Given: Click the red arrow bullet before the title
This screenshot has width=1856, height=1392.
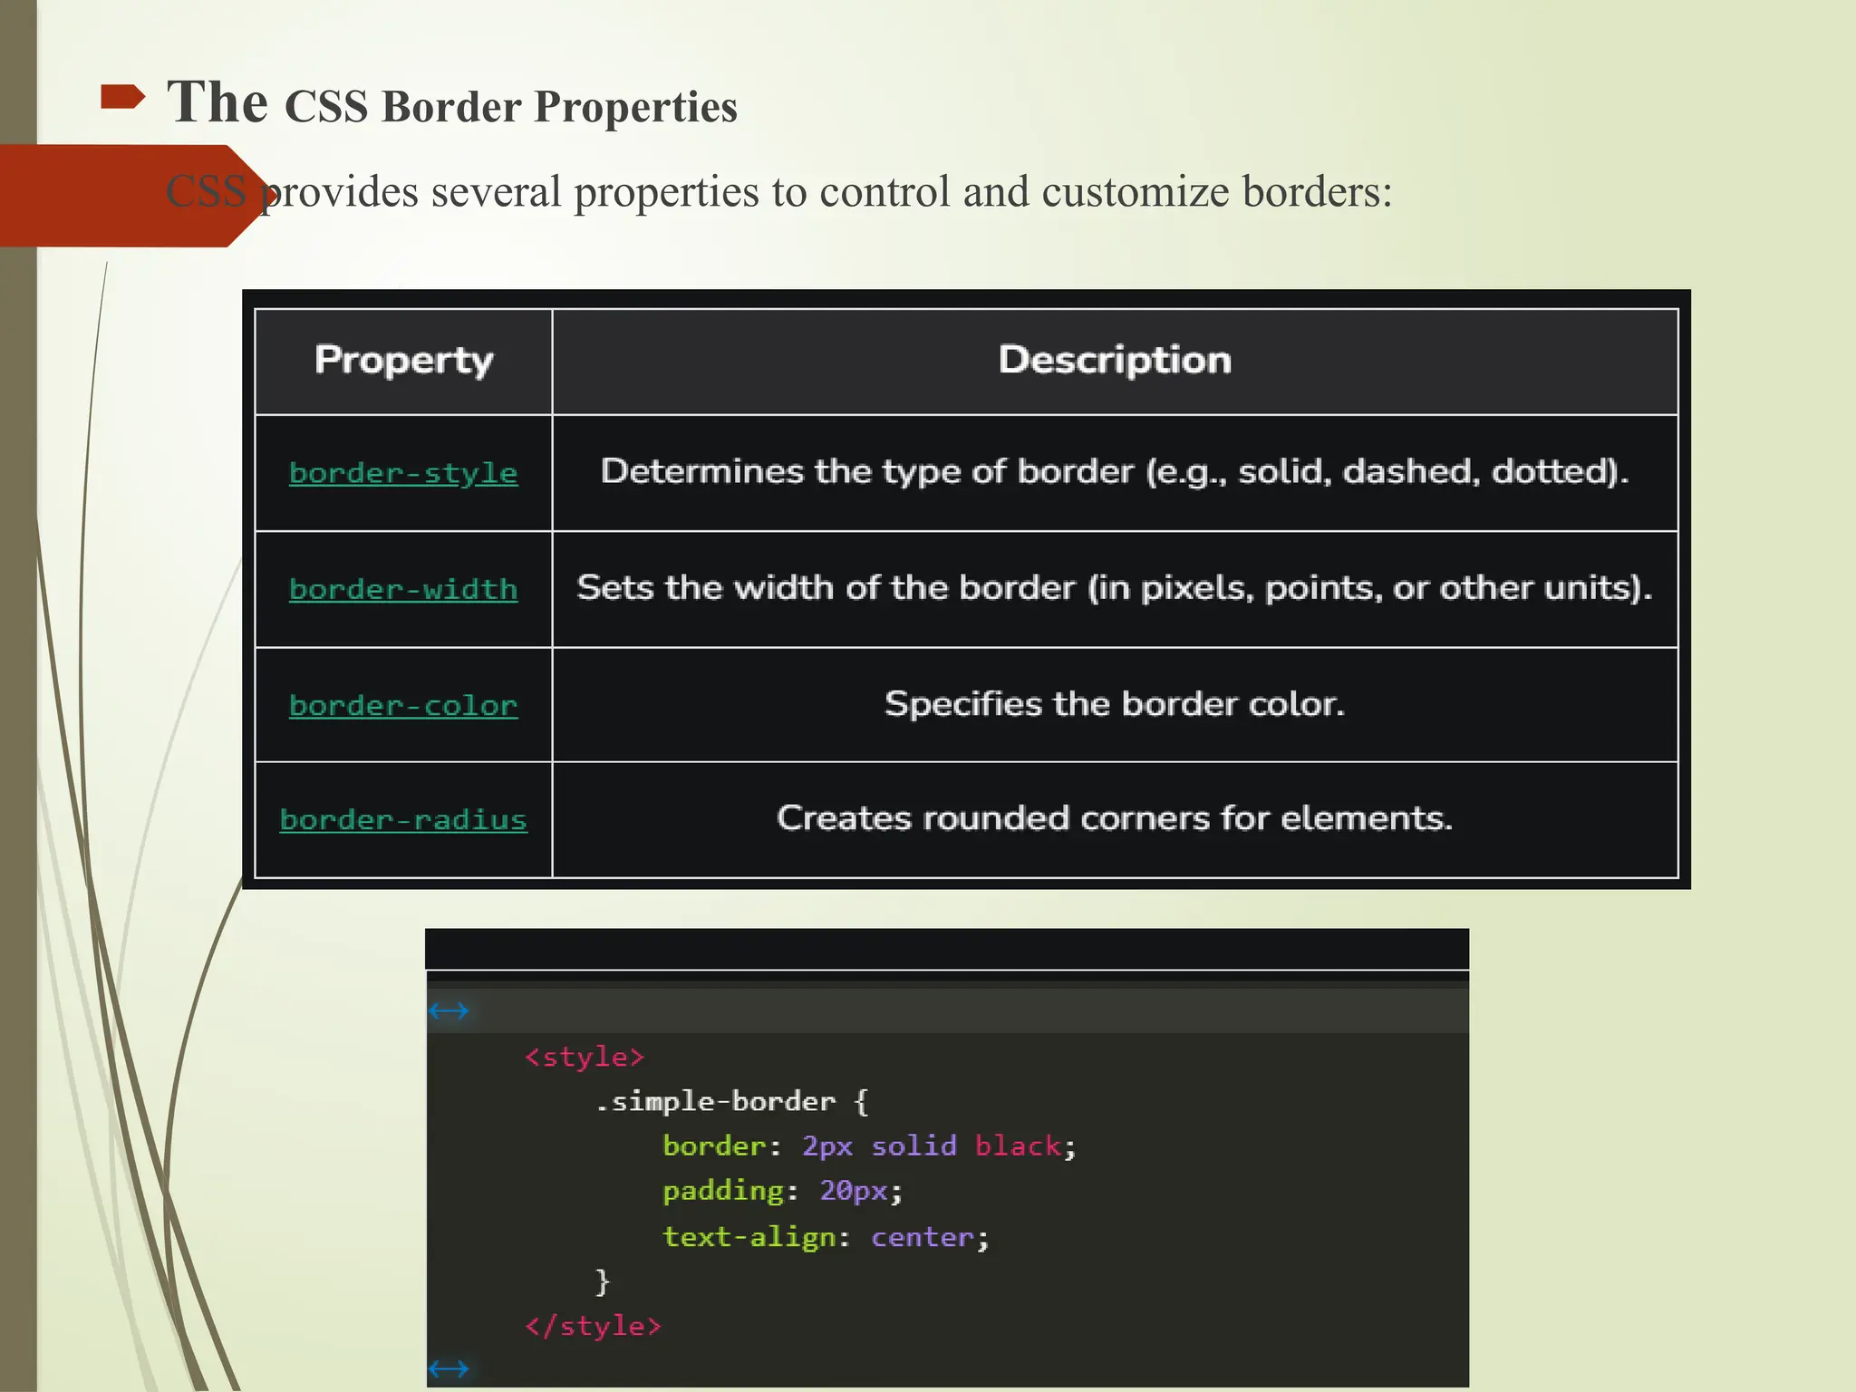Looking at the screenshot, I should click(122, 97).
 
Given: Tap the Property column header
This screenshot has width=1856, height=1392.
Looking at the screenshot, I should click(403, 361).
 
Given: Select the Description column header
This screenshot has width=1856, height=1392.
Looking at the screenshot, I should click(1114, 361).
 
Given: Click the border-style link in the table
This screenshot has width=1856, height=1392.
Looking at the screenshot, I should click(403, 473).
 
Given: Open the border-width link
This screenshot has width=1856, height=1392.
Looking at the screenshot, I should click(403, 589).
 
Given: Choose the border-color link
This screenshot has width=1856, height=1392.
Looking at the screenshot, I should click(403, 705).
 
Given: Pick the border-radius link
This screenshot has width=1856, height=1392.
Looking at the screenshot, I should click(403, 820).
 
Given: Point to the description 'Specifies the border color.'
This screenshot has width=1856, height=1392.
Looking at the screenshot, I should click(1114, 704).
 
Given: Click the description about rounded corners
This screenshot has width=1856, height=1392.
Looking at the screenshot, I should click(1114, 818).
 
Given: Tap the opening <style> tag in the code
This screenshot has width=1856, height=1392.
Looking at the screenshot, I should click(584, 1058).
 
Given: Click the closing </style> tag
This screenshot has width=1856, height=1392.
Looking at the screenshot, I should click(593, 1327).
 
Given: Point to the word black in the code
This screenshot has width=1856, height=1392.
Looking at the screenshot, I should click(1017, 1146).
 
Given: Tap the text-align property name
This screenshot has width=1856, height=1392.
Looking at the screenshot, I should click(749, 1237).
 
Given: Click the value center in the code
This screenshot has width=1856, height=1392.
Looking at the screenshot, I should click(922, 1237).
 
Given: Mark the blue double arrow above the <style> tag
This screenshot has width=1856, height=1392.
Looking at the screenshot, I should click(449, 1010).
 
